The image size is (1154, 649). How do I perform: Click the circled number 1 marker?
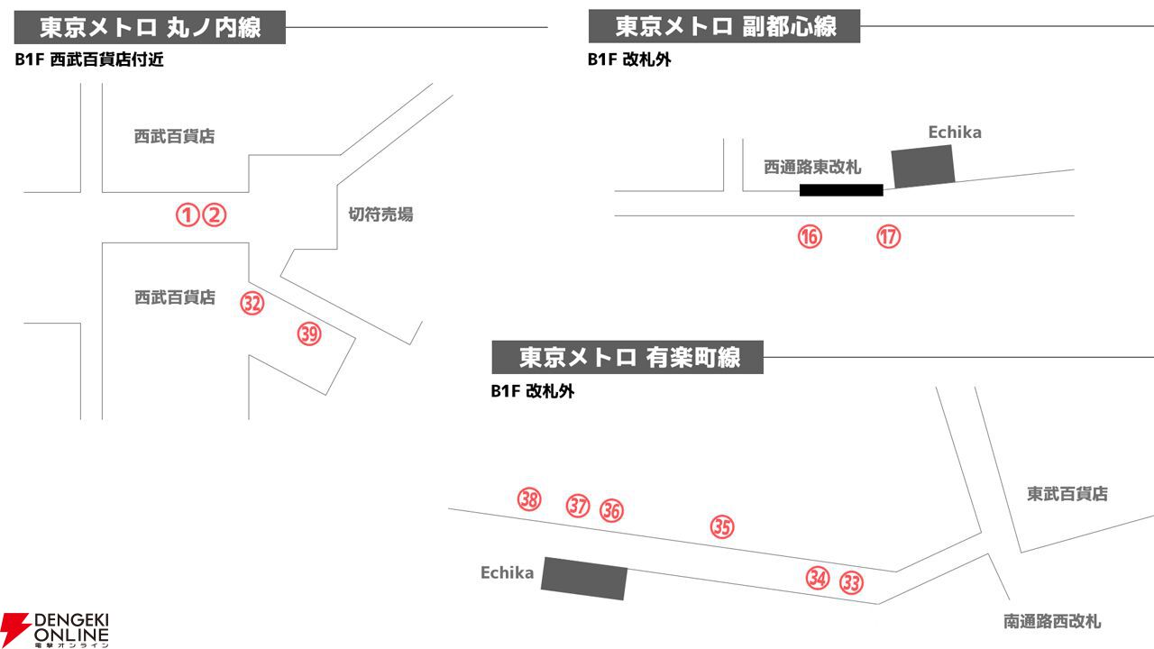[188, 215]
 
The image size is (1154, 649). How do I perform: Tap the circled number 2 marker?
[215, 215]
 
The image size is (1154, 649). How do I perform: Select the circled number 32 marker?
[252, 304]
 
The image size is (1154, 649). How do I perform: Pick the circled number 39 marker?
[309, 334]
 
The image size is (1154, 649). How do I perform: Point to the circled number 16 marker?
[810, 236]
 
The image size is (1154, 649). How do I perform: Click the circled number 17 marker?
[889, 236]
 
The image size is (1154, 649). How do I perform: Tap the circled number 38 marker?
[529, 498]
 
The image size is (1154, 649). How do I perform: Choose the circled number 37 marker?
[578, 506]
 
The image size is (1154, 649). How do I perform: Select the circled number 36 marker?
[611, 510]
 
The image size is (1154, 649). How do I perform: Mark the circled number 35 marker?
[722, 526]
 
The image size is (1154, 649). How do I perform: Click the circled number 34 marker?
[818, 578]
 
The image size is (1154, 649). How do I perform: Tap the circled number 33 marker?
[852, 582]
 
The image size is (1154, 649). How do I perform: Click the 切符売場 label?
[380, 215]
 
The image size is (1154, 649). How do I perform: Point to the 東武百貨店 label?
[1067, 493]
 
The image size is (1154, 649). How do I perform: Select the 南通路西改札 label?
[1052, 621]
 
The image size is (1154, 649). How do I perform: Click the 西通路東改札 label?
[812, 167]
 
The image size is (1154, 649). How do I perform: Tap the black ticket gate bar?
[841, 190]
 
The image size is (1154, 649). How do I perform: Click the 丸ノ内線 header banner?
[150, 27]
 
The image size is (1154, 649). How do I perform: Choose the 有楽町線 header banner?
[627, 357]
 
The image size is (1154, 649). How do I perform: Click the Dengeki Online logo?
[55, 629]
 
